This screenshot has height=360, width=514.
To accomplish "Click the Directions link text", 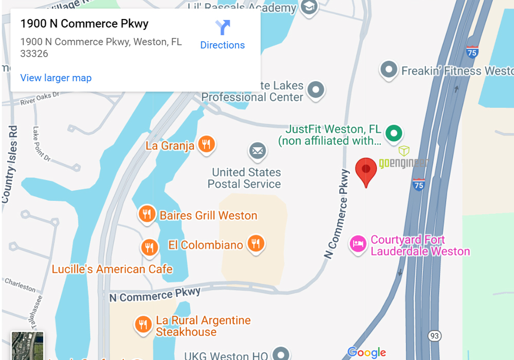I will pos(222,45).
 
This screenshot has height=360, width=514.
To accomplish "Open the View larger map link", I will pos(56,78).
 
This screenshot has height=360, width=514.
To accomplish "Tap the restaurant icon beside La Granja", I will pos(206,145).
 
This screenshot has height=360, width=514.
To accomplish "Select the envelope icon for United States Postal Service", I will pos(258,152).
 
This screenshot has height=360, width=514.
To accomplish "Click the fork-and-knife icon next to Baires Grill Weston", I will pos(147,214).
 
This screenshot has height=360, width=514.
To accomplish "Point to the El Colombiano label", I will pos(206,245).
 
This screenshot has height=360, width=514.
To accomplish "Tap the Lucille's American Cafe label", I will pos(112,269).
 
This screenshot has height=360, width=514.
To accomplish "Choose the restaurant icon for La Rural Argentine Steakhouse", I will pos(143,325).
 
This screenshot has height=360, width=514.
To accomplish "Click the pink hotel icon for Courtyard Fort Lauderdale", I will pos(358,244).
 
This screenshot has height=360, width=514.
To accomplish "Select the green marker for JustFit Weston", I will pos(394,133).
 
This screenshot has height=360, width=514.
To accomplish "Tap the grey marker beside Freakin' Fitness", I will pos(389,69).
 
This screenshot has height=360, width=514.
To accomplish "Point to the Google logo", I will pos(366,352).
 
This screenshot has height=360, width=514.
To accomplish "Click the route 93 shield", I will pos(435,336).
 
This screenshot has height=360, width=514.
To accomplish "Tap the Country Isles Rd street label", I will pos(9,165).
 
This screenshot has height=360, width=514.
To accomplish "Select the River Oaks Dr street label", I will pos(40,99).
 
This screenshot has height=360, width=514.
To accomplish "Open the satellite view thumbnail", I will pos(27,346).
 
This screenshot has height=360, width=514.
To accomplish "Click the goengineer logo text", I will pos(403,164).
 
